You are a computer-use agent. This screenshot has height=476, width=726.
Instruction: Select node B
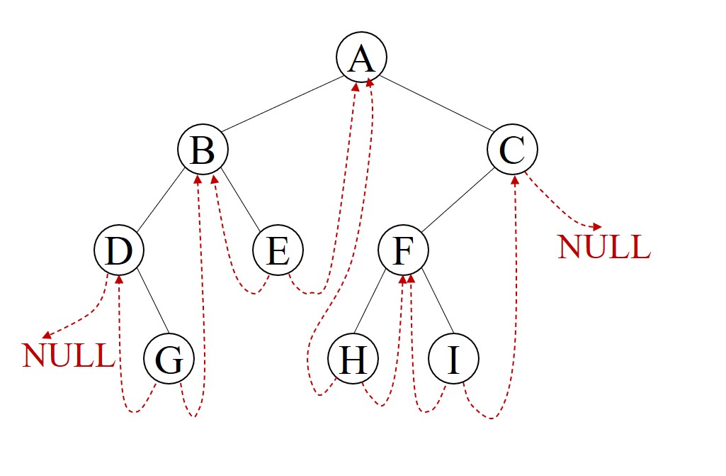pos(203,150)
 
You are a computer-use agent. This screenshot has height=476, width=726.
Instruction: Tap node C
pos(513,150)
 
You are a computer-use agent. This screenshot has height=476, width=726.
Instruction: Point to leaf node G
pos(169,360)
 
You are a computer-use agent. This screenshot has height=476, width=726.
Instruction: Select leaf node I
pos(453,359)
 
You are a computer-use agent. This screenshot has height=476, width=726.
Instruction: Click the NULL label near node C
pos(603,247)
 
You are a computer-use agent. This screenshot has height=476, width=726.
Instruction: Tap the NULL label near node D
pos(68,355)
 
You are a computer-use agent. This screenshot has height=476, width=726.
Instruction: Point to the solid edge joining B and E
pos(241,201)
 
